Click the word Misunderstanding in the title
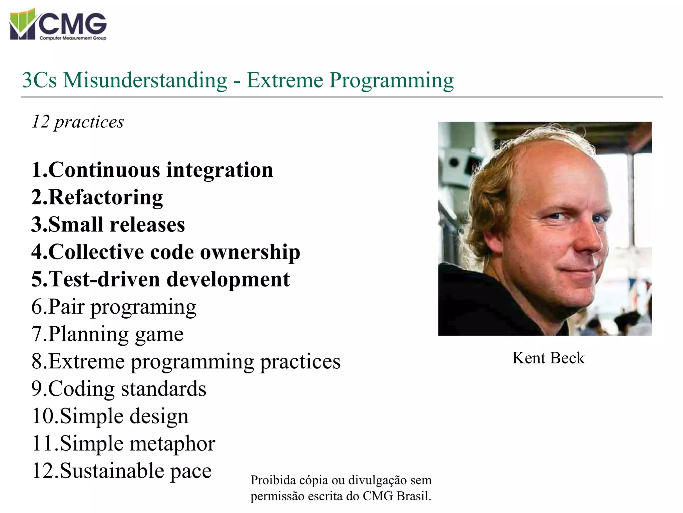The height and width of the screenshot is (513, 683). (145, 80)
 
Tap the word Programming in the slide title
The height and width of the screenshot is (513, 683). (392, 80)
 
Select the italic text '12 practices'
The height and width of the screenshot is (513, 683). (78, 122)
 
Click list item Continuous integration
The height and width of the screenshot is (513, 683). (152, 170)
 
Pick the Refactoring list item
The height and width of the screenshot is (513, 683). (97, 197)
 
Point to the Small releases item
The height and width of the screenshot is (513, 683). (108, 225)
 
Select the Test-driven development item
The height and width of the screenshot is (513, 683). (160, 280)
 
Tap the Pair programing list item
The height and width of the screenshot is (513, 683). (114, 307)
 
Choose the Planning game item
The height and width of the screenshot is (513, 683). (107, 334)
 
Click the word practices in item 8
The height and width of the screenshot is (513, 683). (300, 362)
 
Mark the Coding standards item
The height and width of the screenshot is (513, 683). (119, 389)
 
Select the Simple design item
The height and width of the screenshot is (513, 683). (110, 416)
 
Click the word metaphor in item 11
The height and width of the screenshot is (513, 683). (172, 444)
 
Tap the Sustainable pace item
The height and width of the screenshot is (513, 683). (121, 471)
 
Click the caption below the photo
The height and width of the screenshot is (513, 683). (548, 358)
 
